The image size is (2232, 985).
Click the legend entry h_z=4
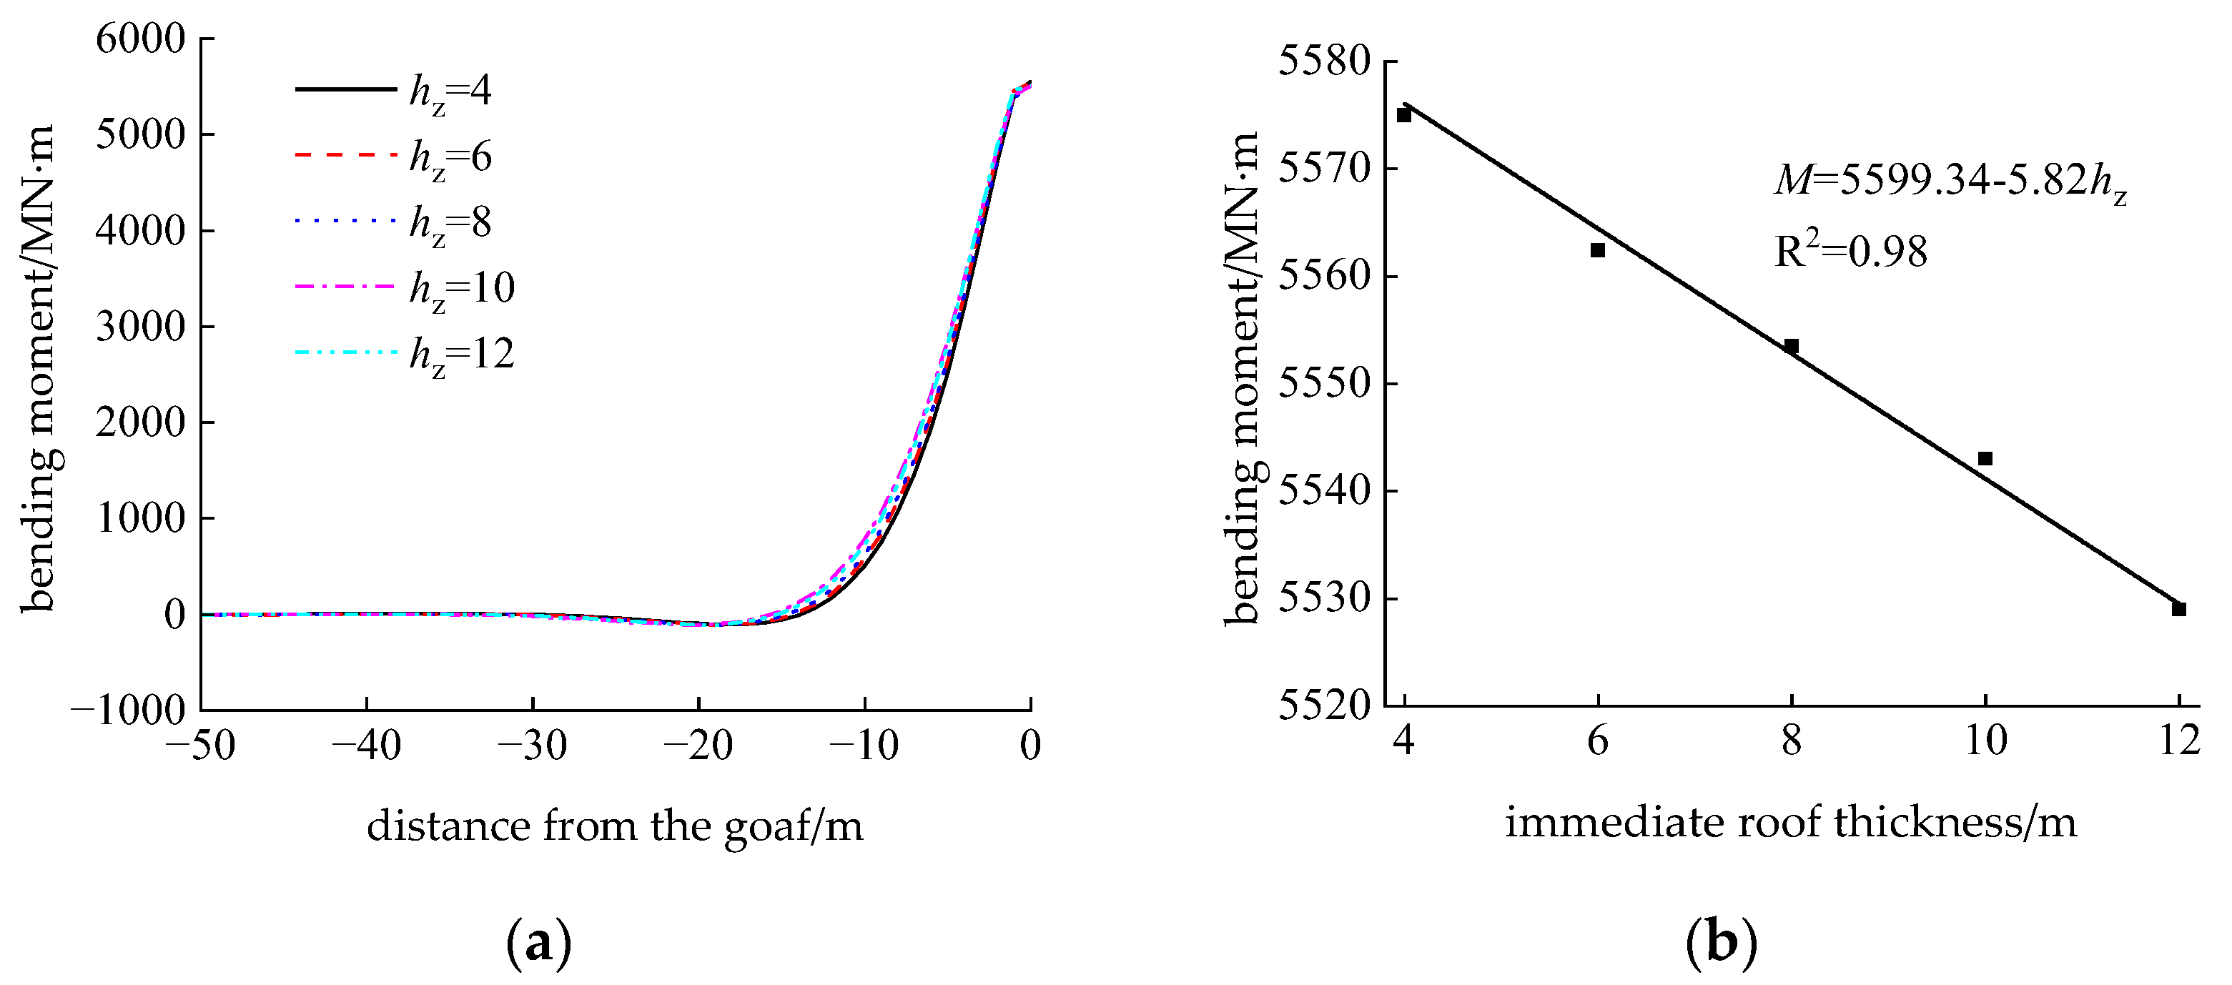tap(394, 90)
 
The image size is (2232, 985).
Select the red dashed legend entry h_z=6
tap(394, 157)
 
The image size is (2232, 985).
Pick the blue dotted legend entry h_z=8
tap(394, 222)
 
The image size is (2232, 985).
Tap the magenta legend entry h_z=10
tap(405, 287)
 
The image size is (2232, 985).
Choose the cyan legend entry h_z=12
tap(405, 353)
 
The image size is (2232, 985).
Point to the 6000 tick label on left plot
tap(140, 40)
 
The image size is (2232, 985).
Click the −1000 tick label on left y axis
tap(128, 711)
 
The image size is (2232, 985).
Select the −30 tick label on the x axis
tap(532, 746)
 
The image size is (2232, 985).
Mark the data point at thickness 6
tap(1598, 250)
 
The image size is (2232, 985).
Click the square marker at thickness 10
tap(1985, 458)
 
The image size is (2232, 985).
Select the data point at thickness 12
tap(2179, 609)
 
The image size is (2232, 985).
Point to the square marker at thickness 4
tap(1405, 114)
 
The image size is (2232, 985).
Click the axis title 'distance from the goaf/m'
tap(615, 826)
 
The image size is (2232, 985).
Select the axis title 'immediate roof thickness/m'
tap(1791, 822)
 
